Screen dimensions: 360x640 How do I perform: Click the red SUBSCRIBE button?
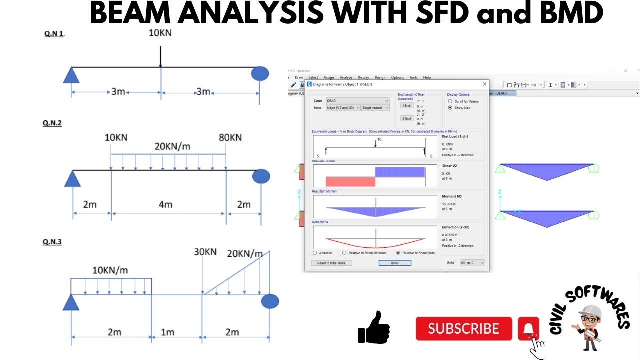coord(463,328)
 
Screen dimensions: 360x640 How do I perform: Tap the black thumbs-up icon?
coord(374,327)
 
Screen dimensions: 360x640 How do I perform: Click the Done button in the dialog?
coord(394,263)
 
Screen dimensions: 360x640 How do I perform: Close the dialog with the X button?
coord(484,84)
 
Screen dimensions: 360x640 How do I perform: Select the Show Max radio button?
coord(450,108)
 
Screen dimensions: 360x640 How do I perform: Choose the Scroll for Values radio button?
coord(450,101)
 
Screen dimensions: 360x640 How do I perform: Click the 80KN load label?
coord(230,137)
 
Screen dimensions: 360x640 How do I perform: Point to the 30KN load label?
coord(205,252)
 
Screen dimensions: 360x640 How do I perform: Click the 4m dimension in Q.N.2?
coord(165,204)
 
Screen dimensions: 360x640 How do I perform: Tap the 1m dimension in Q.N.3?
coord(168,332)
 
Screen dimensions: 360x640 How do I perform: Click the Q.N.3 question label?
coord(52,242)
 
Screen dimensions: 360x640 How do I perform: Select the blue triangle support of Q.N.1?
coord(72,75)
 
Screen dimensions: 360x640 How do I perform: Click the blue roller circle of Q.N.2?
coord(261,176)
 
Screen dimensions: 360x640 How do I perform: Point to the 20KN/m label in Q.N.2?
coord(172,147)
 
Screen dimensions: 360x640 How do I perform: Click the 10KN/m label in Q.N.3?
coord(110,270)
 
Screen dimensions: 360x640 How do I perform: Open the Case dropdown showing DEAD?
coord(357,101)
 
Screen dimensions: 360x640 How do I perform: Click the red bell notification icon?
coord(528,329)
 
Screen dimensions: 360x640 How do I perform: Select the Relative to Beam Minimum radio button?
coord(344,253)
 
